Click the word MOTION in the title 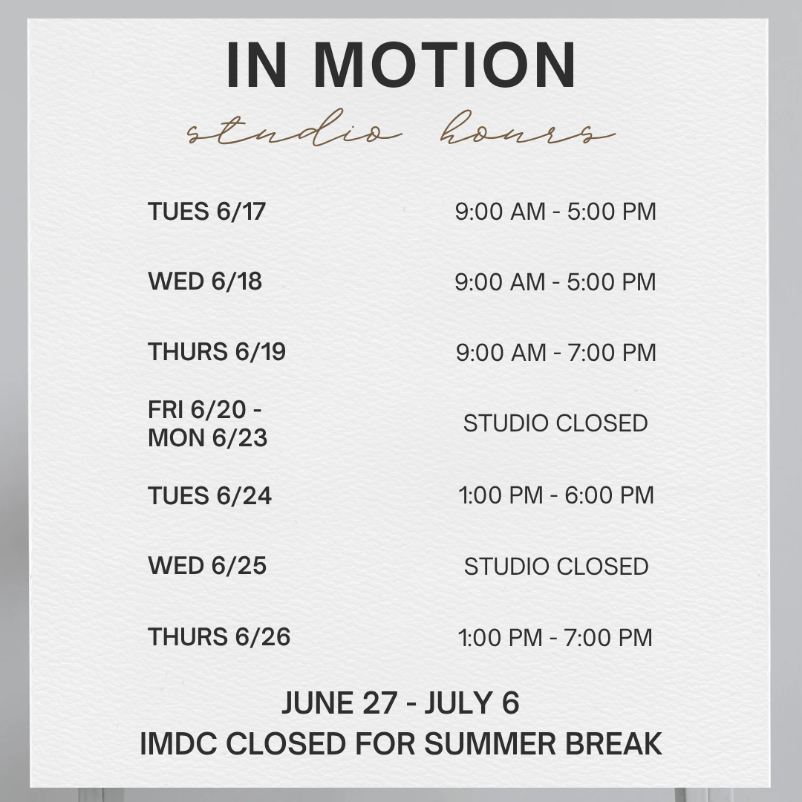coord(445,65)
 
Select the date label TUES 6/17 coord(206,211)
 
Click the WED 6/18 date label coord(205,281)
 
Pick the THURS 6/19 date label coord(216,351)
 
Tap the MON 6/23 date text coord(208,438)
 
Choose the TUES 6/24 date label coord(209,495)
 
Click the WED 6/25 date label coord(207,566)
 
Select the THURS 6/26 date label coord(219,637)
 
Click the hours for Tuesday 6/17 coord(555,212)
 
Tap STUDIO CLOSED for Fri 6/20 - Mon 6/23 coord(555,423)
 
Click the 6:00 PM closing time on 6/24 coord(609,495)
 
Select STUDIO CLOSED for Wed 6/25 coord(556,566)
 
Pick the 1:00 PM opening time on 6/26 coord(500,638)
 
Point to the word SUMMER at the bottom coord(490,743)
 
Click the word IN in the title coord(256,65)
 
